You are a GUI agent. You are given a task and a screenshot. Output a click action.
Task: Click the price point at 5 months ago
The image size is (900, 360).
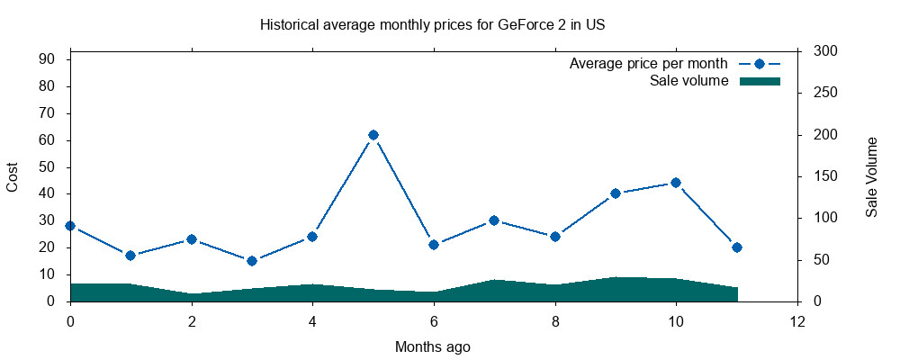[373, 135]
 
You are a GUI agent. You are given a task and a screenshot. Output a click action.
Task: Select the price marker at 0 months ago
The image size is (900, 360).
[70, 226]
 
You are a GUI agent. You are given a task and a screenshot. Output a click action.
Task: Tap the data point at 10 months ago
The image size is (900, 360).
[676, 183]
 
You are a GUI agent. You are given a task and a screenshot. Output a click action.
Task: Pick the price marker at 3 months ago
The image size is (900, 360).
[252, 261]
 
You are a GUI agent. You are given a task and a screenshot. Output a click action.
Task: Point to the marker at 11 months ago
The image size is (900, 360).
[736, 247]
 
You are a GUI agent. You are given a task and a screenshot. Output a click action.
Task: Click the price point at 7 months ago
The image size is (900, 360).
[494, 220]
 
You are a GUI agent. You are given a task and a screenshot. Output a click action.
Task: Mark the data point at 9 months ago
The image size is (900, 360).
[616, 193]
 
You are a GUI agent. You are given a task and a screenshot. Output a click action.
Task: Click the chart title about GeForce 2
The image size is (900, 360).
[432, 25]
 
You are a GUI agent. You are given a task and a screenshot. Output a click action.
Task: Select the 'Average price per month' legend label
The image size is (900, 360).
[648, 64]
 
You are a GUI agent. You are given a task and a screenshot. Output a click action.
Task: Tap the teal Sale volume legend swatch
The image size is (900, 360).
[759, 81]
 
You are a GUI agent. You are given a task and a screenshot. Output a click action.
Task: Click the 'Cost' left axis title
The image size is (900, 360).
[13, 176]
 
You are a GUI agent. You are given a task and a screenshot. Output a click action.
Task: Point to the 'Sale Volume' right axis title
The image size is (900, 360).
[871, 176]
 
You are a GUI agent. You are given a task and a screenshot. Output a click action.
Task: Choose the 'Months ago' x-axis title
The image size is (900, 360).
[432, 346]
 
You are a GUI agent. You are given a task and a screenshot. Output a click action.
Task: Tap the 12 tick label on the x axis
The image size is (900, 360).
[796, 320]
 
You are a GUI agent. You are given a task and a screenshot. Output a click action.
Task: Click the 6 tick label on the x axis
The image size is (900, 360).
[434, 320]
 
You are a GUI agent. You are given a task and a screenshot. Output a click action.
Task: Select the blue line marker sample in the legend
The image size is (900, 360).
[759, 64]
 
